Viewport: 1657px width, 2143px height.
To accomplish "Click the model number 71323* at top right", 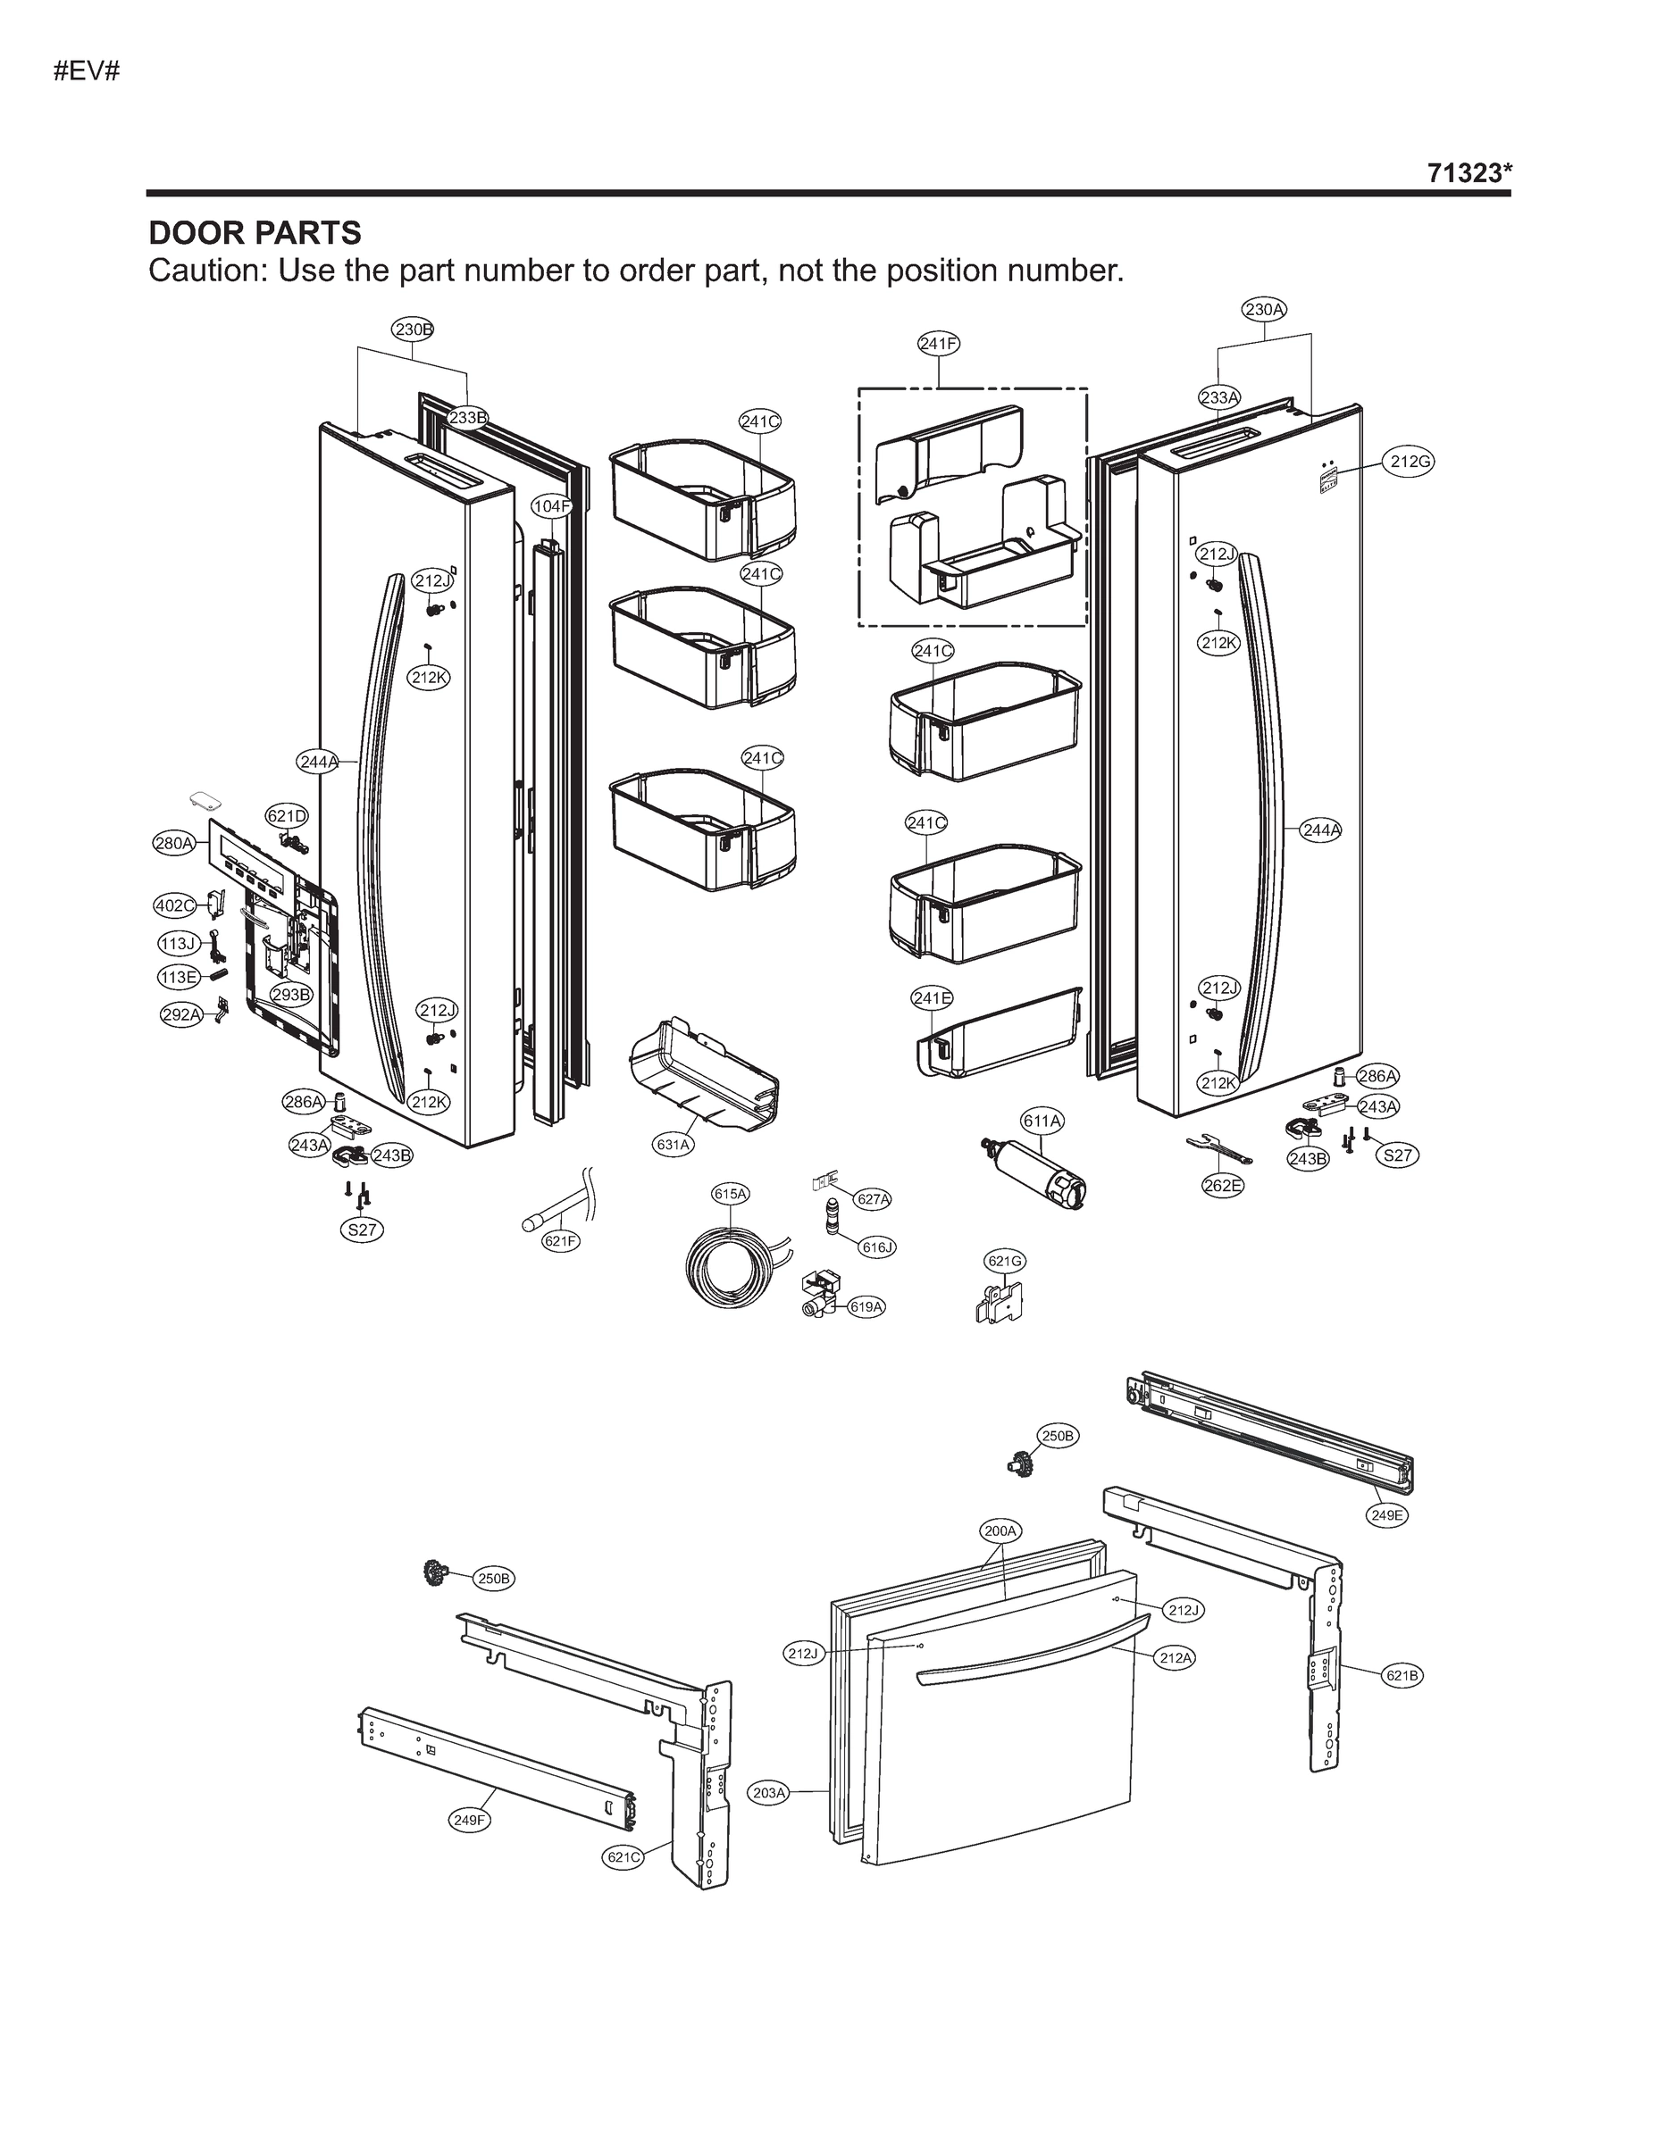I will click(x=1469, y=174).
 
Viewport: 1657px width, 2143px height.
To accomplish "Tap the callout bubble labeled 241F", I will click(x=939, y=344).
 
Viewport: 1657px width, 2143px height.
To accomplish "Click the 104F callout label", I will click(x=552, y=506).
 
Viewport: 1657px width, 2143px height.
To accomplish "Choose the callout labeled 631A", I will click(x=674, y=1144).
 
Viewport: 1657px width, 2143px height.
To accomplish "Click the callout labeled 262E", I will click(x=1223, y=1185).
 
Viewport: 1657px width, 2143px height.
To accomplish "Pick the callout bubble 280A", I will click(x=174, y=842).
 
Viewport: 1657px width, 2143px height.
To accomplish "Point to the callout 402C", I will click(x=175, y=905).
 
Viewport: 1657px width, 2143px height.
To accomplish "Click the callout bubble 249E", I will click(x=1387, y=1515).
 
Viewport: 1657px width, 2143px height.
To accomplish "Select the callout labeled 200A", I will click(x=1001, y=1530).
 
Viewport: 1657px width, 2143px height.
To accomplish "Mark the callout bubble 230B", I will click(x=414, y=329).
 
